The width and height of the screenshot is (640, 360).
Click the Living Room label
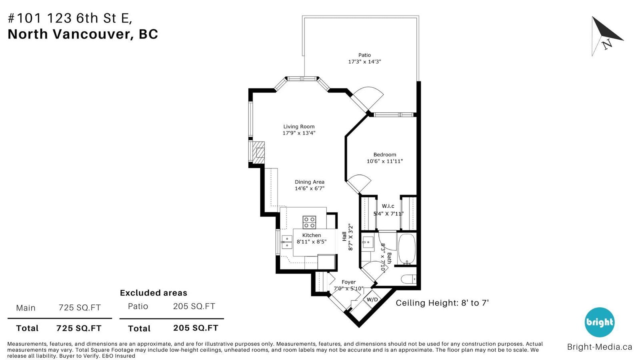coord(299,126)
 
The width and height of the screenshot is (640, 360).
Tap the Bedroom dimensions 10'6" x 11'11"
coord(384,162)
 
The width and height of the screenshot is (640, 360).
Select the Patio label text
coord(364,55)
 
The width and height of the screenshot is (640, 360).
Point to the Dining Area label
coord(310,182)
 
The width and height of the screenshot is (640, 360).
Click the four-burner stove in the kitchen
coord(310,222)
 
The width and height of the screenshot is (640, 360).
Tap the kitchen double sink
coord(286,242)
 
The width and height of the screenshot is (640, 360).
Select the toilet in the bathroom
coord(408,279)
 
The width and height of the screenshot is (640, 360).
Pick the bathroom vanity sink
coord(368,243)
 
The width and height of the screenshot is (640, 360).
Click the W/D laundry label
coord(372,300)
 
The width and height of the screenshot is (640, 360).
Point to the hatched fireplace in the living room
coord(258,152)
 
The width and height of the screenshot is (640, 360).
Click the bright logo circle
coord(599,322)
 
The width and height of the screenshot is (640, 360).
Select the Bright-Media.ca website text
coord(600,347)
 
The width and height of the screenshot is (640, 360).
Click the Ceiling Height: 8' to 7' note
coord(442,303)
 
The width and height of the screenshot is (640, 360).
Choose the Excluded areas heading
coord(154,293)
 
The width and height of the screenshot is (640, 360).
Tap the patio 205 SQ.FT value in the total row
coord(196,328)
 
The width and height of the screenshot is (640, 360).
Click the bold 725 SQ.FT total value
coord(79,328)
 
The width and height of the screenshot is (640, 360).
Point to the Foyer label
coord(348,282)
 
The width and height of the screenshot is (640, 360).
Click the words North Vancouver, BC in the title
coord(82,34)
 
